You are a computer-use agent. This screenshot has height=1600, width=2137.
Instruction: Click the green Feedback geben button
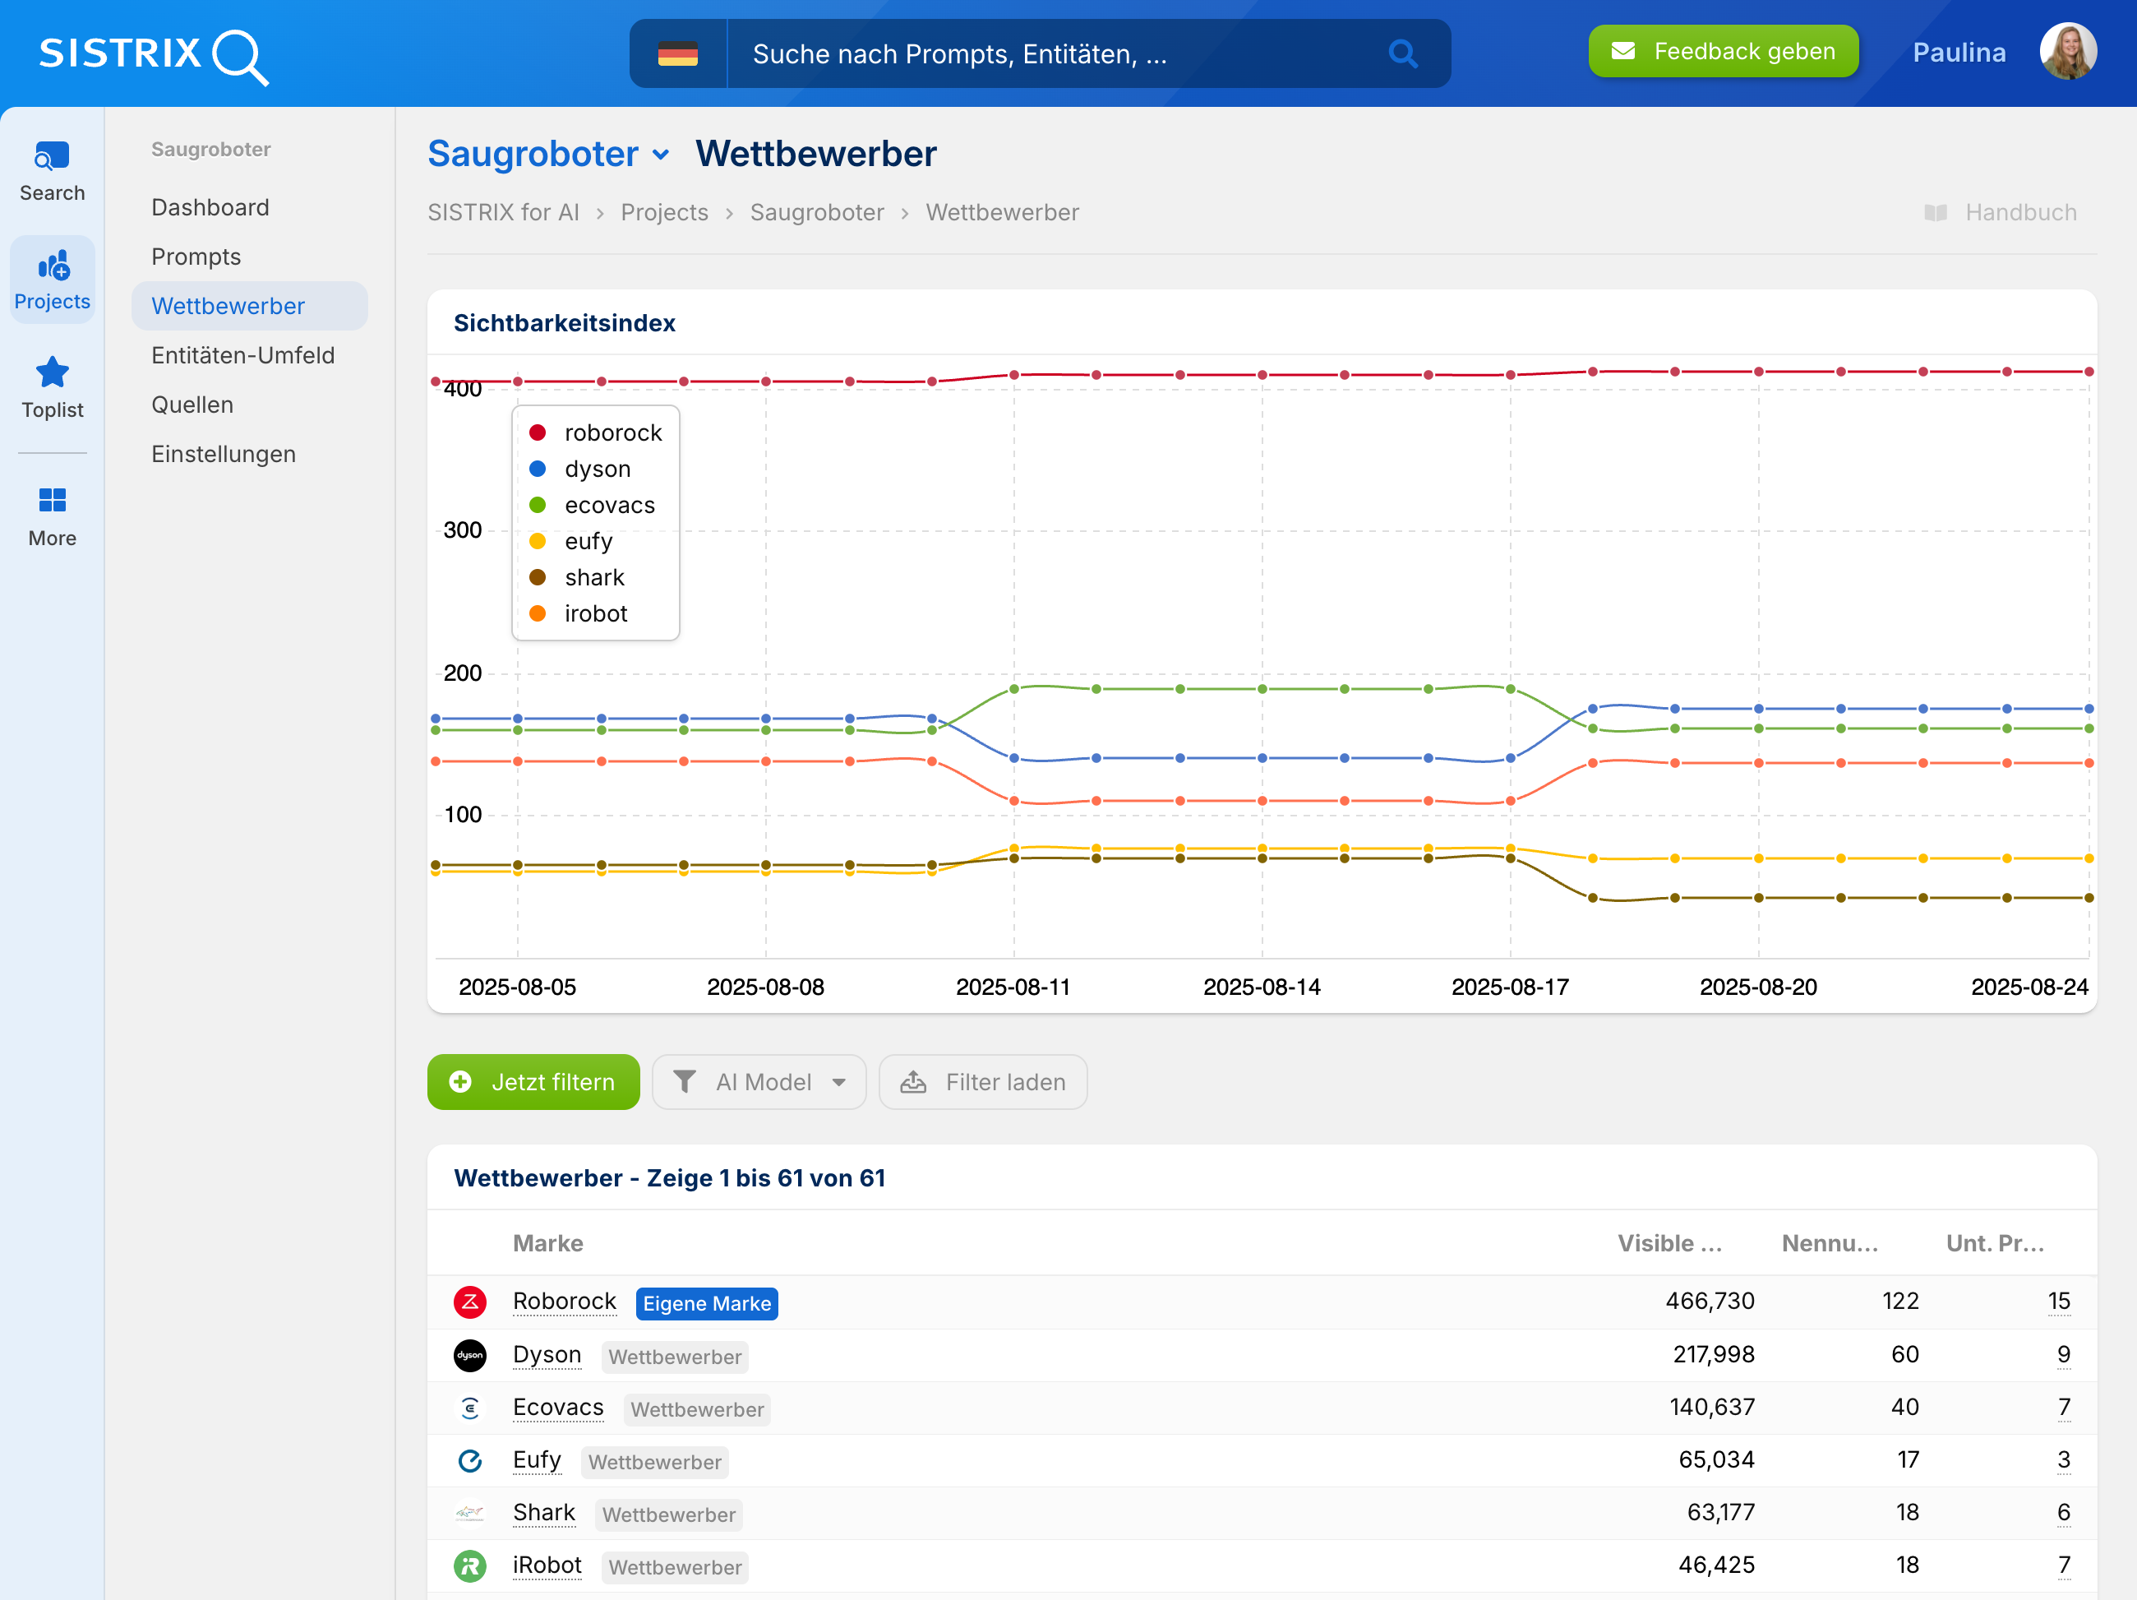pyautogui.click(x=1723, y=52)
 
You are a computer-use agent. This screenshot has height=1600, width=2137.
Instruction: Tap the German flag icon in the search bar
pyautogui.click(x=677, y=54)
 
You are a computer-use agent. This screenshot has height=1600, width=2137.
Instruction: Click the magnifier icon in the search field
pyautogui.click(x=1402, y=54)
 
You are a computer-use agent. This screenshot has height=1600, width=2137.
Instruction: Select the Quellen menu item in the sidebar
pyautogui.click(x=192, y=405)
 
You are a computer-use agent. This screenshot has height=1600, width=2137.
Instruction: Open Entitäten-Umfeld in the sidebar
pyautogui.click(x=242, y=355)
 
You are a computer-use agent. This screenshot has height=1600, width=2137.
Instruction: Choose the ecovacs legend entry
pyautogui.click(x=609, y=506)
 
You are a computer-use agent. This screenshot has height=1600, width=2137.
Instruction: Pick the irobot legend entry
pyautogui.click(x=595, y=613)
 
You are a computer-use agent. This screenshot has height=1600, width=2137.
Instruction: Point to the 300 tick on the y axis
pyautogui.click(x=462, y=530)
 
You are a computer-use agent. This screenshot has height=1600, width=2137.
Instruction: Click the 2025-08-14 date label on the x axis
pyautogui.click(x=1261, y=987)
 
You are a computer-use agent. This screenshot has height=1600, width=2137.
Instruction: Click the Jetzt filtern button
pyautogui.click(x=533, y=1082)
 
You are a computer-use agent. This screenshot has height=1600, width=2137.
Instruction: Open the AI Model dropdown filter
pyautogui.click(x=759, y=1082)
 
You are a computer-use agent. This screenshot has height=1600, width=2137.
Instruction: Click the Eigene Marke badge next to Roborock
pyautogui.click(x=706, y=1303)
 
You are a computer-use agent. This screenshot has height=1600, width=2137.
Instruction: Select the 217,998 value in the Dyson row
pyautogui.click(x=1713, y=1355)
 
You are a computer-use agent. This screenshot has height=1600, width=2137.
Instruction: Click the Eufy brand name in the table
pyautogui.click(x=536, y=1460)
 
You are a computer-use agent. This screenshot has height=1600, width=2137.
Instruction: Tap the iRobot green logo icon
pyautogui.click(x=469, y=1565)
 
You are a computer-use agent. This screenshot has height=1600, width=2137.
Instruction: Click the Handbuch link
pyautogui.click(x=2019, y=213)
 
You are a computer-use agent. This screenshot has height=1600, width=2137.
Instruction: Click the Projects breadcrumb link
pyautogui.click(x=664, y=213)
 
